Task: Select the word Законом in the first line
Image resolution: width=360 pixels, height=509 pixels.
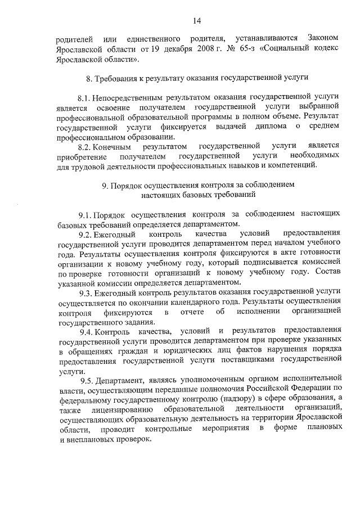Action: coord(325,38)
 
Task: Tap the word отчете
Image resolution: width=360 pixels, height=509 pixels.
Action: coord(190,312)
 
